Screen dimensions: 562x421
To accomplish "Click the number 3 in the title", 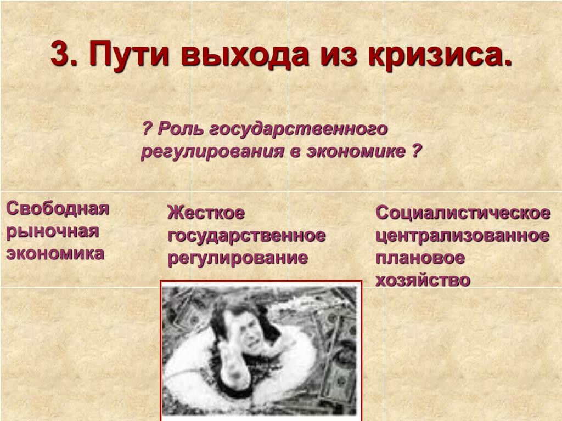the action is click(61, 53).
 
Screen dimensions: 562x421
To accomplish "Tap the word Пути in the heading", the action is click(128, 54).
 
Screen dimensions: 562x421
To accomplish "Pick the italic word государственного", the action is click(298, 129).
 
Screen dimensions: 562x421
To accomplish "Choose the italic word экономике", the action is click(356, 151).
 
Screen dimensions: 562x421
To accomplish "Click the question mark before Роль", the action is click(147, 128).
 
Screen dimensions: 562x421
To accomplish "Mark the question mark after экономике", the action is click(415, 151).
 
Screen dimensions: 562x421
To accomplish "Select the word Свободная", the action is click(57, 208).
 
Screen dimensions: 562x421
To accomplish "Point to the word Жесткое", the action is click(206, 213).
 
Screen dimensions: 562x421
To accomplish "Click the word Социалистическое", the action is click(463, 213).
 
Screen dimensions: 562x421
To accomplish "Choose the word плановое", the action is click(420, 258).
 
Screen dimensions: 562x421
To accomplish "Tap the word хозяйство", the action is click(423, 281).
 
